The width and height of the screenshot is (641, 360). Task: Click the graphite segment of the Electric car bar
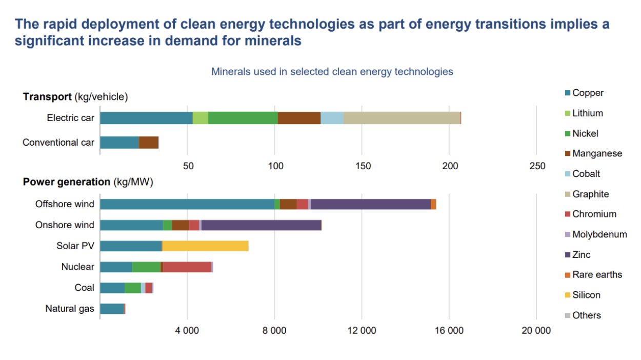(402, 118)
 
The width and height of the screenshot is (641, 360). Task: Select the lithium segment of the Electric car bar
(200, 118)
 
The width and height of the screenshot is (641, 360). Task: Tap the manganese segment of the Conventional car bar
(148, 143)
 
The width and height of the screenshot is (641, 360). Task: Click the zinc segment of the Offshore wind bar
(370, 204)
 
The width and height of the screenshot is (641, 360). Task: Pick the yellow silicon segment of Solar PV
(205, 246)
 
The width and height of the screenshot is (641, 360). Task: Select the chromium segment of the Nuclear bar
(187, 267)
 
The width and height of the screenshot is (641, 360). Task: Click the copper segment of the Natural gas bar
(112, 309)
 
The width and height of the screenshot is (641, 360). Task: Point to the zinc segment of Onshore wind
(261, 225)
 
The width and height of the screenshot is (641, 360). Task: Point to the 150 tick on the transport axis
(362, 166)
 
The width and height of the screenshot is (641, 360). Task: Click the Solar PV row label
(75, 246)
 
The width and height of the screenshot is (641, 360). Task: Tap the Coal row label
(84, 288)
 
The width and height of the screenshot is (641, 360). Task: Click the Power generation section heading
(66, 182)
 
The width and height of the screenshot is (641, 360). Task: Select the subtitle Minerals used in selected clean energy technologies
(332, 72)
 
